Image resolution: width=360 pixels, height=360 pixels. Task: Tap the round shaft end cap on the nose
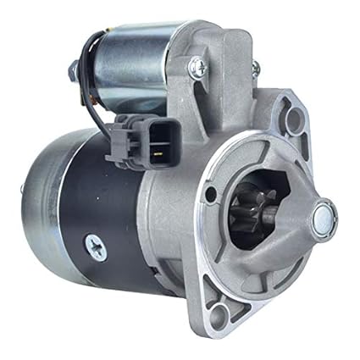[x=322, y=219]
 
